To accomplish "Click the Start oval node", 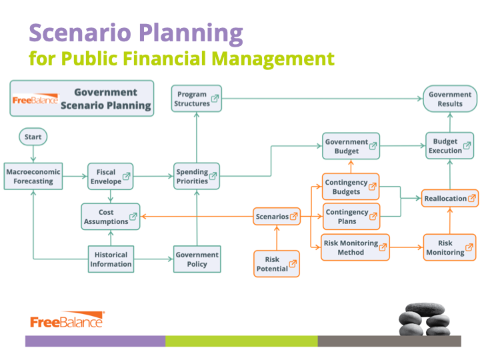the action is (x=33, y=137).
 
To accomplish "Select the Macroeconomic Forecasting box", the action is (x=33, y=176).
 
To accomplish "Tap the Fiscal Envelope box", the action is (x=111, y=176).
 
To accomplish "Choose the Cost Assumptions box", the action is (x=111, y=217).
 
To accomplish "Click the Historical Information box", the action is (x=111, y=259).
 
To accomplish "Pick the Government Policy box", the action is (x=197, y=259).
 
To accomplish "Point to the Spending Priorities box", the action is (x=197, y=176).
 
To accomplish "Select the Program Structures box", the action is (x=197, y=99).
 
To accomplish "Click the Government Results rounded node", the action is (x=450, y=99).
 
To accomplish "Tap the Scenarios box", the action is (x=277, y=217).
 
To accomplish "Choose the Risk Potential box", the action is (x=277, y=264).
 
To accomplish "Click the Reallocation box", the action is (x=450, y=199).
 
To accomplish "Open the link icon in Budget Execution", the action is (x=467, y=146).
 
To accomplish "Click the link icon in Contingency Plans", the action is (x=373, y=217).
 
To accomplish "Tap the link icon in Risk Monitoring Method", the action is (x=383, y=247).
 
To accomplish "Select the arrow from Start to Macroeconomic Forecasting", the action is (x=33, y=154).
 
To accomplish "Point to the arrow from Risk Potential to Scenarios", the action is (x=277, y=238).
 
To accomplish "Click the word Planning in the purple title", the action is (x=191, y=34).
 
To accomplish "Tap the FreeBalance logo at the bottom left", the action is (x=67, y=320).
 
